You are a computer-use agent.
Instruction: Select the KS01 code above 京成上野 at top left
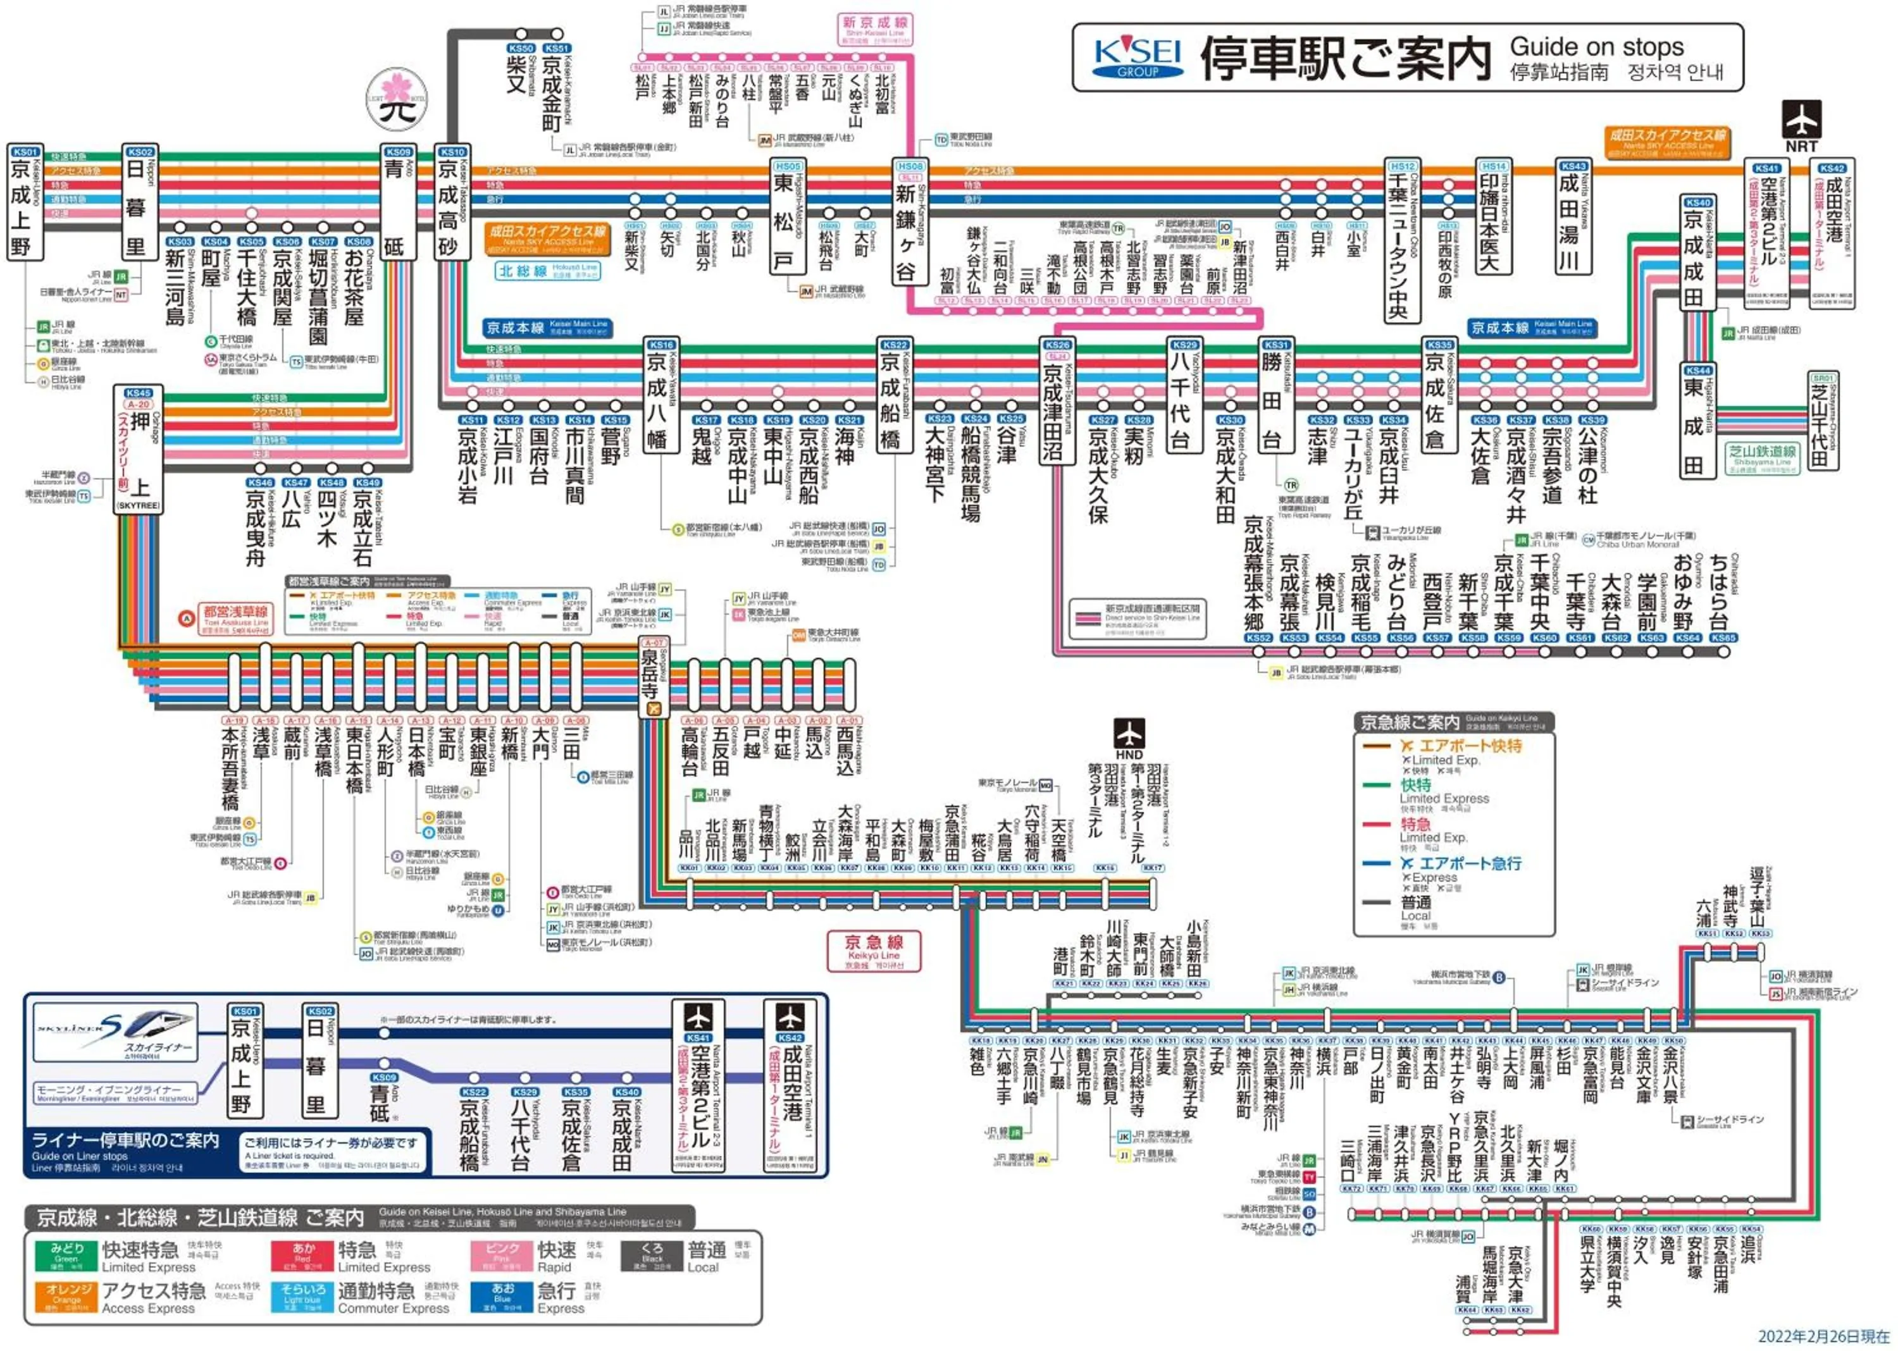coord(26,152)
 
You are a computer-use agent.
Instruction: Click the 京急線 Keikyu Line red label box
coord(873,950)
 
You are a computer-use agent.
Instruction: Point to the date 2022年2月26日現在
coord(1822,1336)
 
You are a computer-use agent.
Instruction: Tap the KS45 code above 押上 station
coord(138,393)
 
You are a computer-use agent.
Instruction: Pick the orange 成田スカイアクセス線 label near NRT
coord(1666,142)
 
